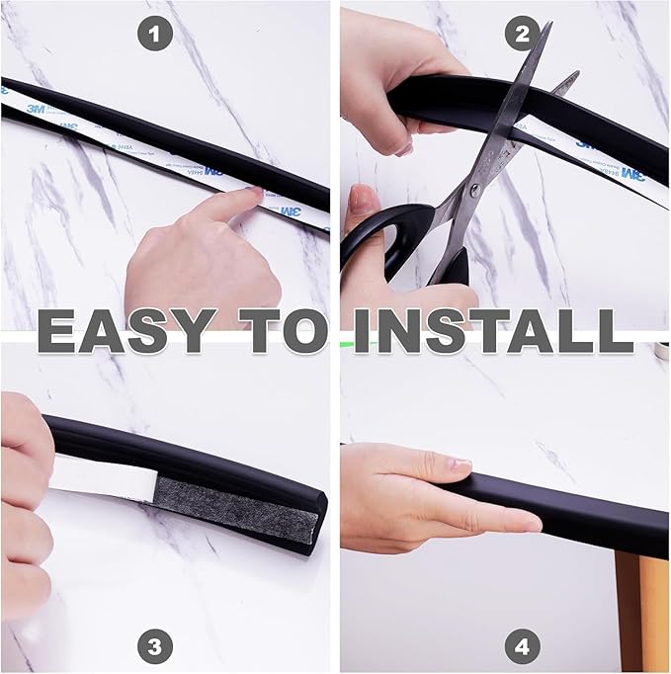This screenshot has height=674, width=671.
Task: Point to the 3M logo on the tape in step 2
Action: coord(592,141)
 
